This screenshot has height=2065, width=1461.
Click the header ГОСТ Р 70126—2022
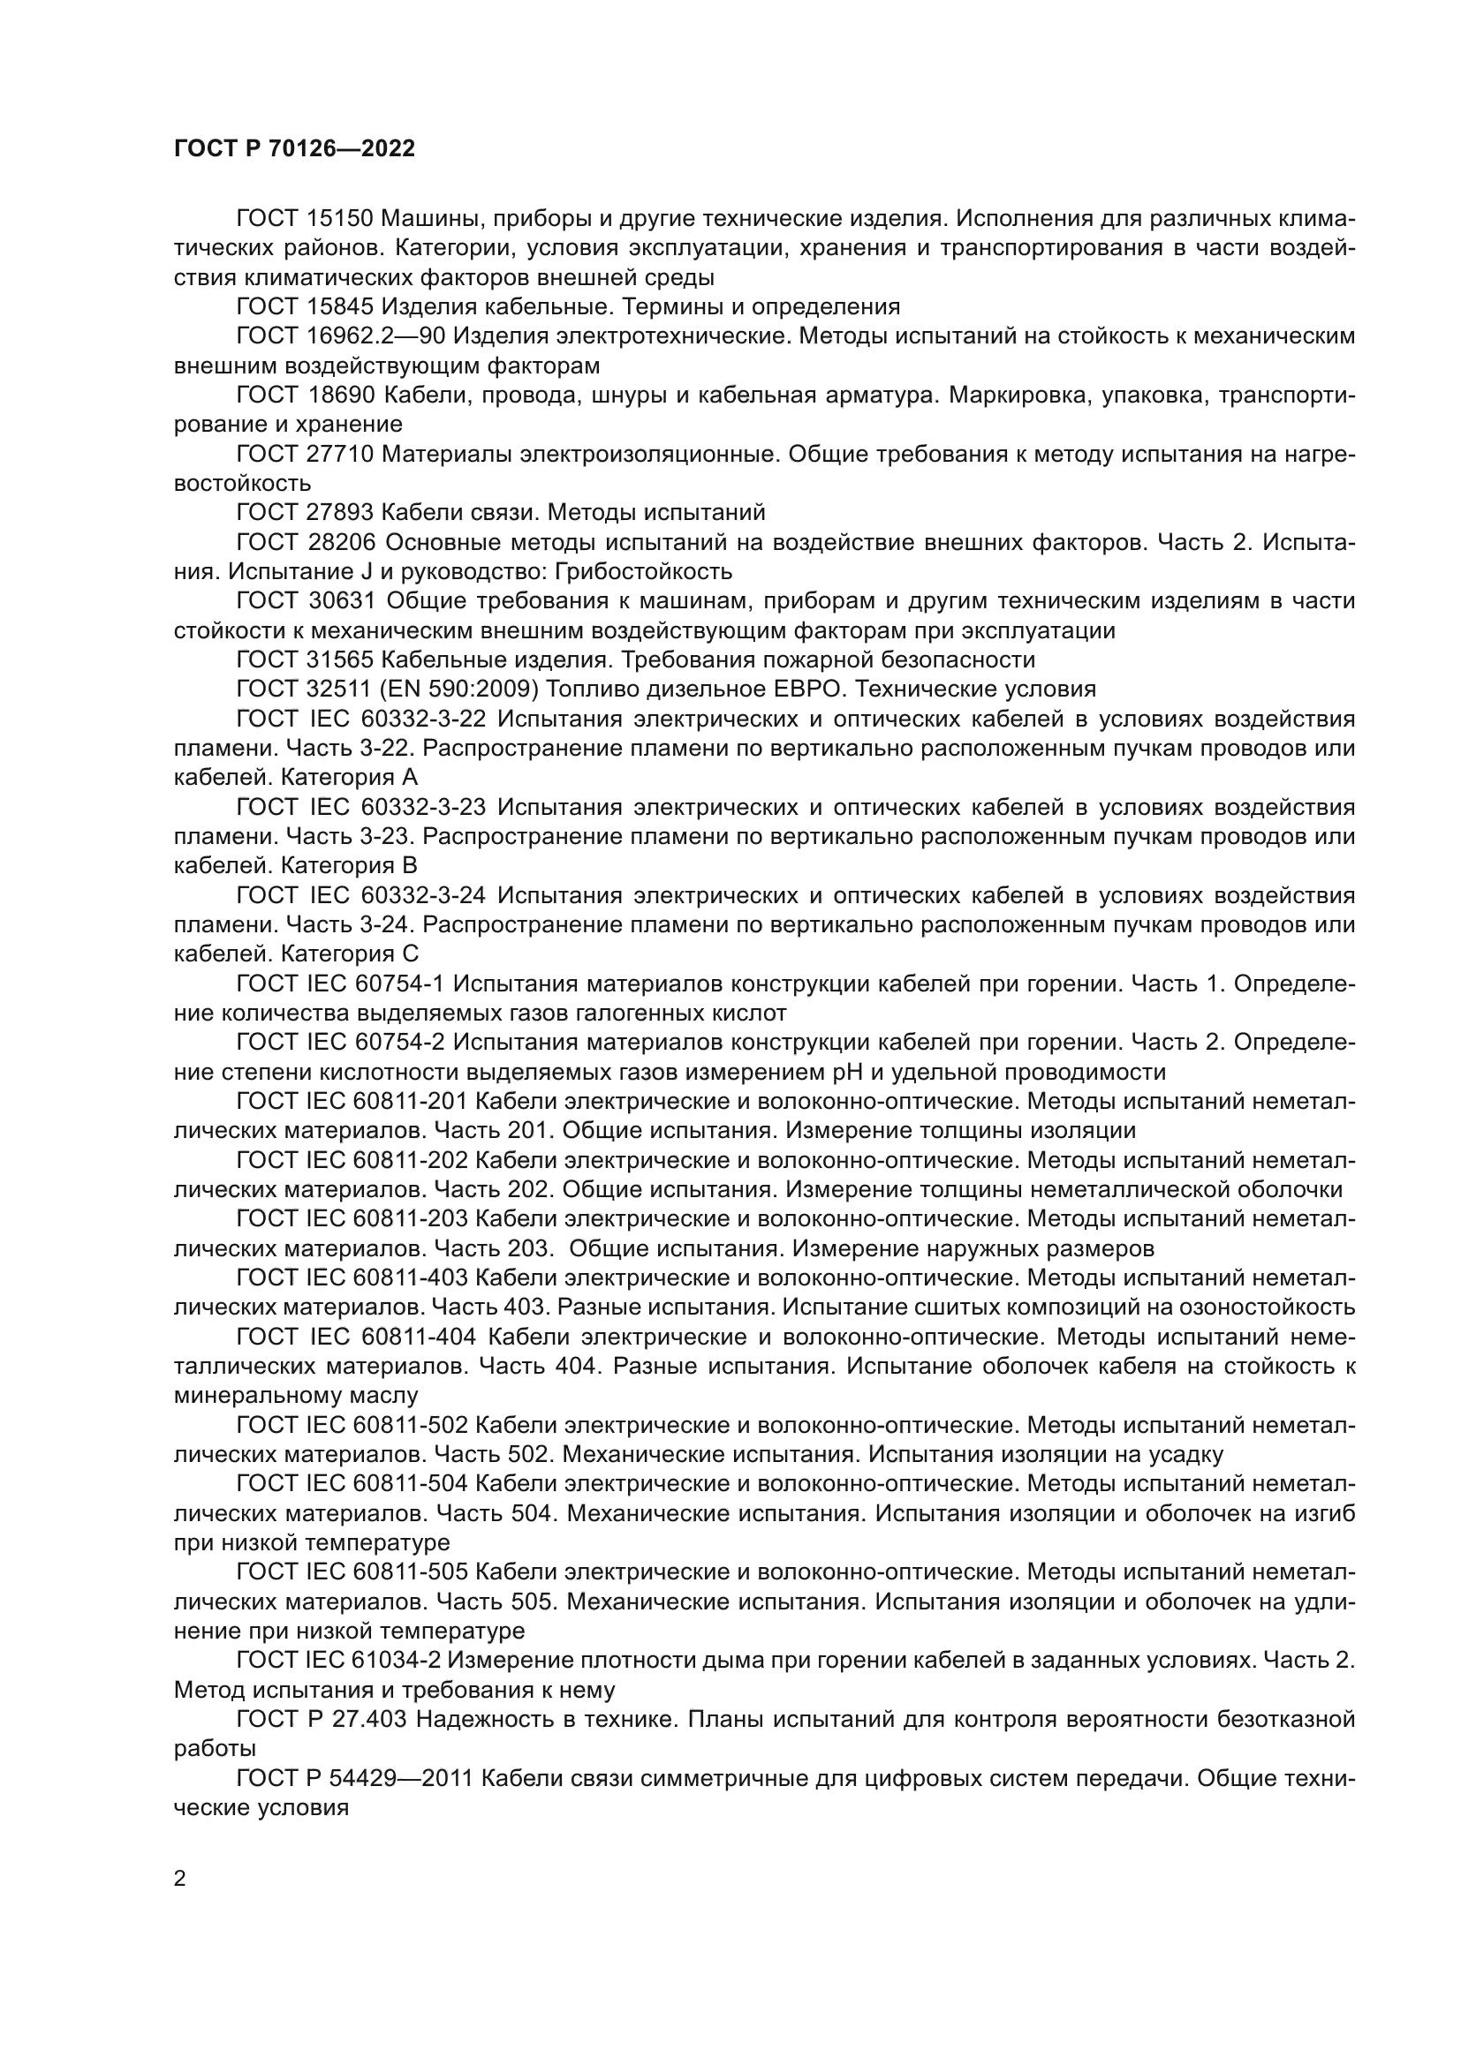(294, 149)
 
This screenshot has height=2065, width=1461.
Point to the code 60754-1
(410, 983)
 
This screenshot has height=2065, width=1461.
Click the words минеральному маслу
(296, 1396)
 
